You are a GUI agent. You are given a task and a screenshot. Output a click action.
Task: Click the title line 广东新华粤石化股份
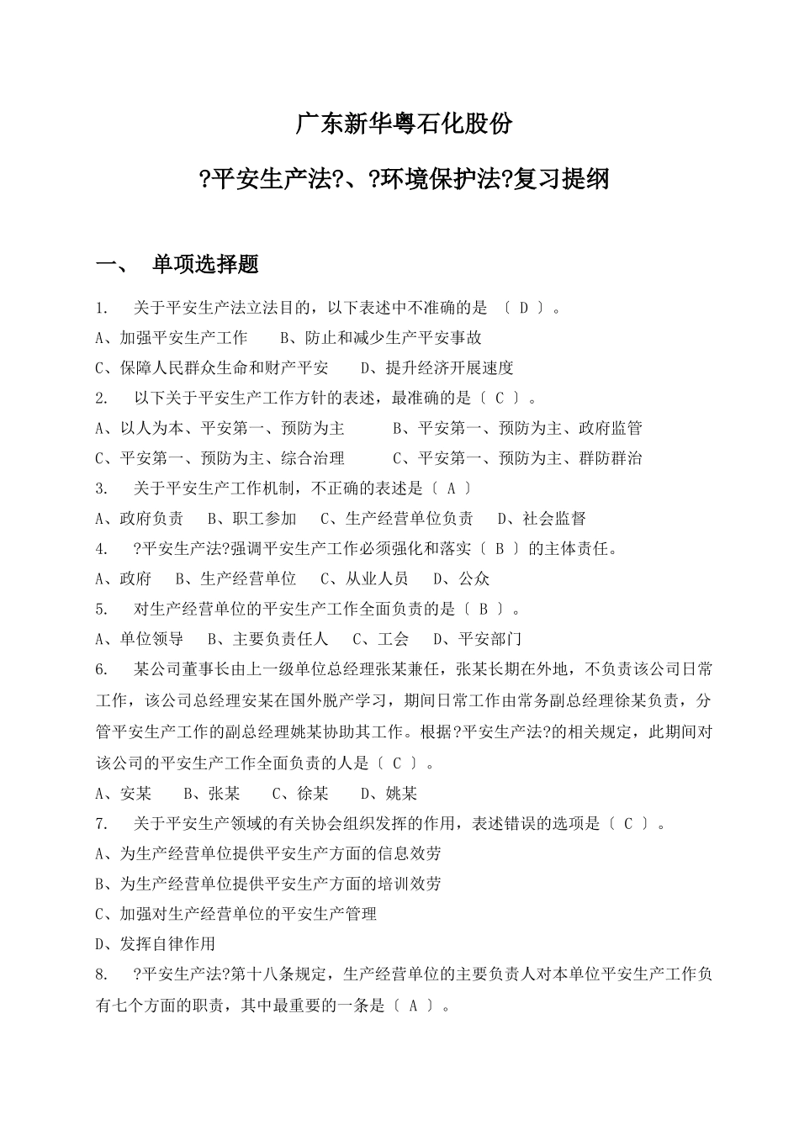tap(404, 124)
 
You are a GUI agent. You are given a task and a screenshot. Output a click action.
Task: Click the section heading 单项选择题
tap(204, 265)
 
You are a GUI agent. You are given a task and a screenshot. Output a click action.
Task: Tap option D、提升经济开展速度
tap(437, 367)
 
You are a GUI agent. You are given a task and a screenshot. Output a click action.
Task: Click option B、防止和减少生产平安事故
tap(381, 338)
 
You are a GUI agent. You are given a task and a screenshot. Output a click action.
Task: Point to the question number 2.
tap(102, 398)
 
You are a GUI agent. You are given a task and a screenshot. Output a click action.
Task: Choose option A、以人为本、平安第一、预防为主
tap(220, 428)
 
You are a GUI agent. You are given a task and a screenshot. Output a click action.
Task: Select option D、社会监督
tap(542, 519)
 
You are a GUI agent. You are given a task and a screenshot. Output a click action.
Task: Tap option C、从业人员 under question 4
tap(364, 578)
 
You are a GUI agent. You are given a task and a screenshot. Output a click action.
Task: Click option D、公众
tap(461, 578)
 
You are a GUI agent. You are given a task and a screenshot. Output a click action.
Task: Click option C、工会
tap(380, 639)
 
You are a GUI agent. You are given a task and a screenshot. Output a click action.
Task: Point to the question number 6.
tap(102, 669)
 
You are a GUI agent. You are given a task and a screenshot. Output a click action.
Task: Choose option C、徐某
tap(300, 794)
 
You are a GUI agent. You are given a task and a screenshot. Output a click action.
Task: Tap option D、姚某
tap(389, 794)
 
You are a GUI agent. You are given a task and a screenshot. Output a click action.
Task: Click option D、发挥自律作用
tap(156, 944)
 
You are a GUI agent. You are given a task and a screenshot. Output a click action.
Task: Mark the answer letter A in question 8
tap(413, 1005)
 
